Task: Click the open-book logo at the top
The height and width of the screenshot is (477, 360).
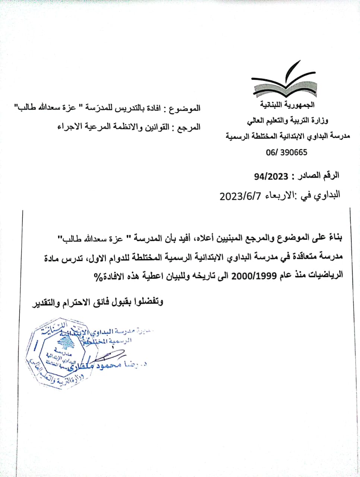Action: coord(284,83)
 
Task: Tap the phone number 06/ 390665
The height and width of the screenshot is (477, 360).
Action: coord(287,152)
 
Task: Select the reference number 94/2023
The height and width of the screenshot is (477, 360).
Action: coord(271,176)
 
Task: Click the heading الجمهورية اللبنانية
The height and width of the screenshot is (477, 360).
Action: coord(287,105)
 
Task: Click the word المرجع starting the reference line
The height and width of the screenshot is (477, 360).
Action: coord(188,127)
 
